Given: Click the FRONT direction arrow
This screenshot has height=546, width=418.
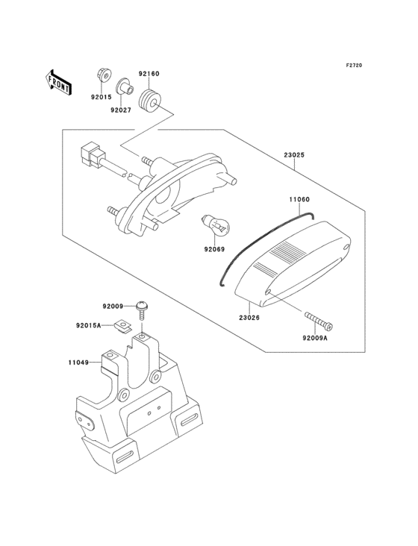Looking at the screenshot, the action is (58, 82).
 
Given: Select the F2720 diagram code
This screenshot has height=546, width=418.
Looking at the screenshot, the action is (354, 65).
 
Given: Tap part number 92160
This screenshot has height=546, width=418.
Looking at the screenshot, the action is (149, 74).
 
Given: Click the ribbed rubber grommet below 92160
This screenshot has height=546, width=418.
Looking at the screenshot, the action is (150, 100).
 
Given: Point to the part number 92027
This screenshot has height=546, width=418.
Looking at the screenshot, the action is (121, 110).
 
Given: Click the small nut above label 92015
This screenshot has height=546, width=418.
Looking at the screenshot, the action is (104, 74).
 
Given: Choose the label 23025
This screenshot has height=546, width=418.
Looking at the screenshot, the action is (294, 154).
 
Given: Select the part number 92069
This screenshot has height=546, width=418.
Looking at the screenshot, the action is (214, 249).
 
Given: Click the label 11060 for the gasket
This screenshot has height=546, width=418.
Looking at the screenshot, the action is (299, 199).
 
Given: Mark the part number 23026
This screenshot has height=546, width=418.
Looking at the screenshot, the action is (249, 318).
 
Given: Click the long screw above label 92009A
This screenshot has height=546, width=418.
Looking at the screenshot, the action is (319, 320).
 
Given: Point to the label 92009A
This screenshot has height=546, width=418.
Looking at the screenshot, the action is (315, 337).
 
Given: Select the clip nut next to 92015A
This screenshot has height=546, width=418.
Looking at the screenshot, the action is (123, 327).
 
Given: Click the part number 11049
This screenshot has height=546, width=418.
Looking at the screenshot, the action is (78, 363).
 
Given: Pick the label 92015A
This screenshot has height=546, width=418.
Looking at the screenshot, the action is (89, 325).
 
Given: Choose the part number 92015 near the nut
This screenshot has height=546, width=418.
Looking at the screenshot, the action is (102, 98).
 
